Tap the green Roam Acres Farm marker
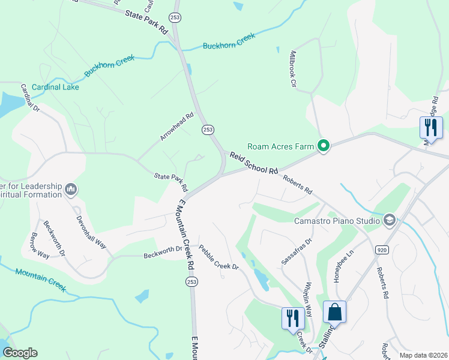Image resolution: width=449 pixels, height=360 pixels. (324, 146)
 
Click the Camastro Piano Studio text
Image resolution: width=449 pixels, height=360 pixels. (337, 221)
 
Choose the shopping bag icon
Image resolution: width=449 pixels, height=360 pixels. (334, 313)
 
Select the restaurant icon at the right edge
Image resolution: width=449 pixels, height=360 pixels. (430, 127)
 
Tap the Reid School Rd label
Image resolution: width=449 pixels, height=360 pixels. (254, 163)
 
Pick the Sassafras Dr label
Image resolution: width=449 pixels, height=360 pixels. (297, 251)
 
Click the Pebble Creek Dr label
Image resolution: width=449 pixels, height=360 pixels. (218, 257)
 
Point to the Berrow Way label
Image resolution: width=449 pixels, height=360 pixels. (40, 245)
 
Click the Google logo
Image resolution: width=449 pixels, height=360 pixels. (20, 353)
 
